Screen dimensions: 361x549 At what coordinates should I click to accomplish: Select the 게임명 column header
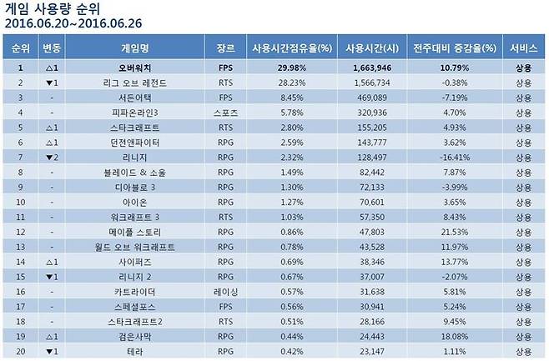point(138,48)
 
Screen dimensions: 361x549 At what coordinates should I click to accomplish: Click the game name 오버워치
point(138,68)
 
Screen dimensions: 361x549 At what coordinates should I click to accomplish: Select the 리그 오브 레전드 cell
point(138,83)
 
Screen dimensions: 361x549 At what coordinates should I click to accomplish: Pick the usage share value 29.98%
point(280,68)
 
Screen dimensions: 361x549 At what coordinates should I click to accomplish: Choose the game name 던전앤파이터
point(138,142)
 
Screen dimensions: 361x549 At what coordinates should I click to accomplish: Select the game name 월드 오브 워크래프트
point(138,247)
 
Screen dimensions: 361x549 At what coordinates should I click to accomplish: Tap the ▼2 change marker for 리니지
point(52,157)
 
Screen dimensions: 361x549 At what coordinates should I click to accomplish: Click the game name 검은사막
point(138,337)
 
